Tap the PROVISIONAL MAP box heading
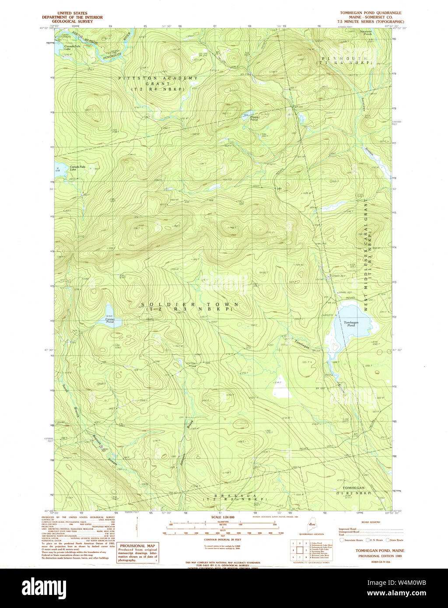[x=138, y=546]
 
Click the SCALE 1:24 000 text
[x=223, y=517]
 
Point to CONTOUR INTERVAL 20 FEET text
[x=223, y=539]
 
